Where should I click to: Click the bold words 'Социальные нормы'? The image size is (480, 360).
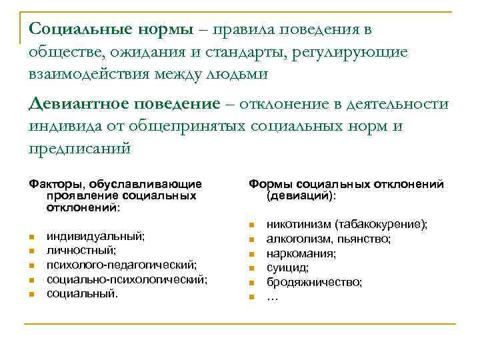click(x=112, y=29)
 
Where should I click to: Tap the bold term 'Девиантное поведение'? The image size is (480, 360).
click(x=124, y=104)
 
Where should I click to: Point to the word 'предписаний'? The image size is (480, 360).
click(x=81, y=148)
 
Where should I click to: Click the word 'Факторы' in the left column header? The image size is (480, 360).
click(x=53, y=183)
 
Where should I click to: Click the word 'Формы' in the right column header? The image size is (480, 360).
click(x=271, y=183)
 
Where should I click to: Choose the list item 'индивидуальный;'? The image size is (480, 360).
click(x=95, y=236)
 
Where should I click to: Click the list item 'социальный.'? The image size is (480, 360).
click(x=81, y=293)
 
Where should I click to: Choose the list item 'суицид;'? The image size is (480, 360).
click(x=287, y=268)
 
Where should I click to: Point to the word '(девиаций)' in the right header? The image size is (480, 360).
click(x=301, y=196)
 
